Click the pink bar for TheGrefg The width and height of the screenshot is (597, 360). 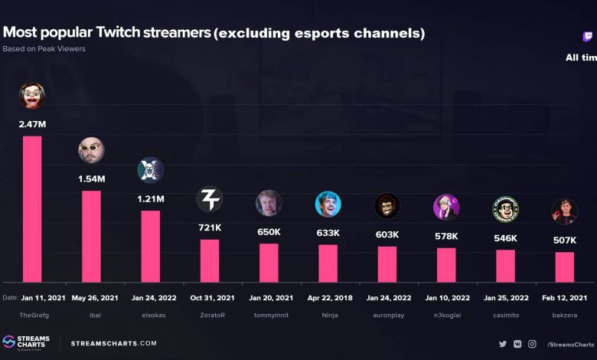32,208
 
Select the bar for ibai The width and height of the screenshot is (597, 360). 91,236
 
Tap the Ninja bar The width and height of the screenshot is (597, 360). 328,263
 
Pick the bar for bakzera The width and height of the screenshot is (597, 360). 564,267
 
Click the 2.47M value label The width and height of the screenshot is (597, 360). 32,124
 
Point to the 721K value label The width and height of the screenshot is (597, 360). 210,228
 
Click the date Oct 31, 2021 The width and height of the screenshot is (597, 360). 210,298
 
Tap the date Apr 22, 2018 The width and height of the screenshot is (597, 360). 328,298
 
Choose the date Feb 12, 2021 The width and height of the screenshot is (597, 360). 564,298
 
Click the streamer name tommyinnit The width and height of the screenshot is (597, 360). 269,315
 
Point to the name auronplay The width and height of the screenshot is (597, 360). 387,315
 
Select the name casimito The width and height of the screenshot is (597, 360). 505,315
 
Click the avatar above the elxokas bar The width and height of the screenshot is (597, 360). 150,170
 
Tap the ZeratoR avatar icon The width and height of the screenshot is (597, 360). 210,200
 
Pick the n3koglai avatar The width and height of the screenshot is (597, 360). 446,207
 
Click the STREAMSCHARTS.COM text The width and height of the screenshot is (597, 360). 113,343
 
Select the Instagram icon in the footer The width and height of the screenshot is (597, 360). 532,344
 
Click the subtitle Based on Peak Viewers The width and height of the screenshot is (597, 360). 44,49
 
